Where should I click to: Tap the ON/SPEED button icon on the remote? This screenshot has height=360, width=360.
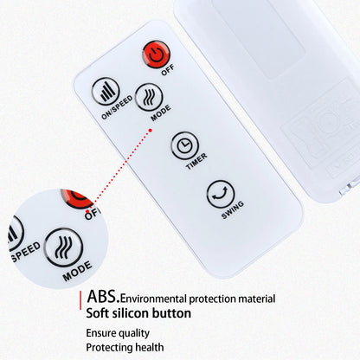[106, 91]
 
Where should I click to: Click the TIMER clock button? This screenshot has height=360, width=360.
[185, 145]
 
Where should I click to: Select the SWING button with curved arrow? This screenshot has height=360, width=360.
[221, 194]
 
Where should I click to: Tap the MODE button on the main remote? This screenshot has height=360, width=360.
[149, 97]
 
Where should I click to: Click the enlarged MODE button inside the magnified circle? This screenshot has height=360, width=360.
[64, 247]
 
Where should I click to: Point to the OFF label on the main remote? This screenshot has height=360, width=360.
[168, 70]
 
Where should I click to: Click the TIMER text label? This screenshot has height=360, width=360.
[196, 161]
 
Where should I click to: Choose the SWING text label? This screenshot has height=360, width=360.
[233, 209]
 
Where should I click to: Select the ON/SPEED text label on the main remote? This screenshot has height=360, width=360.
[117, 107]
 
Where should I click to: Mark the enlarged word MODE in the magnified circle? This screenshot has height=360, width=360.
[77, 271]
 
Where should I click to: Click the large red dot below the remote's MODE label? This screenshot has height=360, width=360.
[151, 130]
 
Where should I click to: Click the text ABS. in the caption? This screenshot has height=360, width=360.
[103, 296]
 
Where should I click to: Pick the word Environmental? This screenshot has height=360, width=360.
[153, 299]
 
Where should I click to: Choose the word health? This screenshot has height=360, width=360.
[150, 347]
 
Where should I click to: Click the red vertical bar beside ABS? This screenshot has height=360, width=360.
[80, 300]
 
